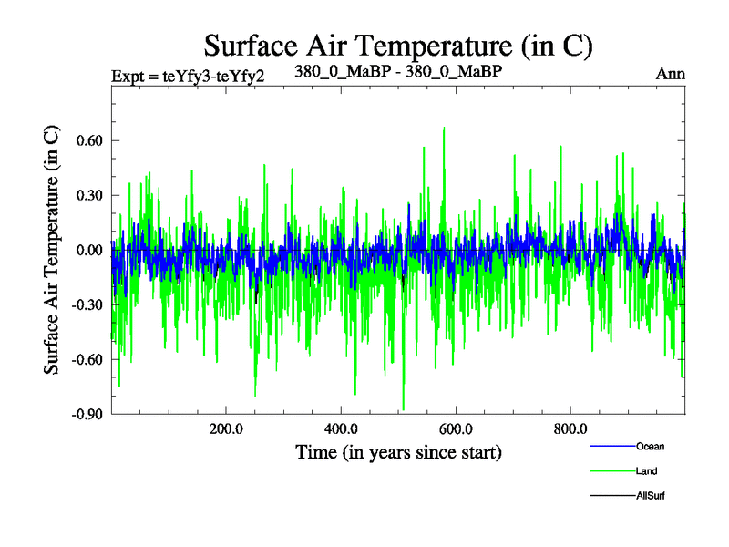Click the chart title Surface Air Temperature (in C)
398,44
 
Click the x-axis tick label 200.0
225,429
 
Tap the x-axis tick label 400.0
340,429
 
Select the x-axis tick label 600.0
455,429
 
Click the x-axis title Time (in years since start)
398,452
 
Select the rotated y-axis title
52,249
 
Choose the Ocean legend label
650,446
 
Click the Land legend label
646,470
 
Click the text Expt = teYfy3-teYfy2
188,75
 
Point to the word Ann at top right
671,74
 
